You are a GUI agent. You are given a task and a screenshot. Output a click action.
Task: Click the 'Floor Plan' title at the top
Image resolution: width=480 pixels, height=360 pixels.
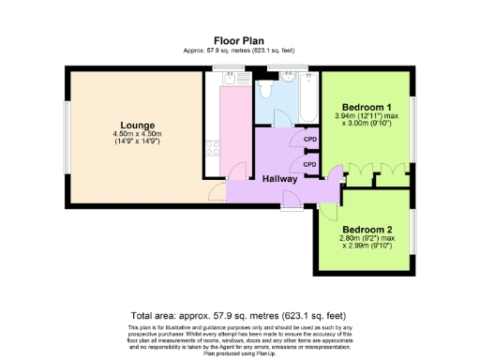click(240, 40)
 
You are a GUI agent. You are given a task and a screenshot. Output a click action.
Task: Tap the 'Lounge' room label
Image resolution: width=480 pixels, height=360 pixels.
click(137, 126)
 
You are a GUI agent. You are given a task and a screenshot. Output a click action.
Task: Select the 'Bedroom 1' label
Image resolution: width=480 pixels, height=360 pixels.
click(367, 106)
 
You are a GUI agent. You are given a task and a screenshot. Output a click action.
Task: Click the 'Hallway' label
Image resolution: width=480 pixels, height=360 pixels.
click(279, 179)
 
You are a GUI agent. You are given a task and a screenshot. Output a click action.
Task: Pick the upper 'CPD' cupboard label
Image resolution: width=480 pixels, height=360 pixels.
click(309, 142)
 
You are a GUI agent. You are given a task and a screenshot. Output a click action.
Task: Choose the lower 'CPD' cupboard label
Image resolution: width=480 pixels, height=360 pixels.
click(309, 164)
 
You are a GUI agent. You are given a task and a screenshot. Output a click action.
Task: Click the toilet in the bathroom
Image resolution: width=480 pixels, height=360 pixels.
click(266, 89)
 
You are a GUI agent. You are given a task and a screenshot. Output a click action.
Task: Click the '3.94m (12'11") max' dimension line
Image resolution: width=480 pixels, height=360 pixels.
click(367, 115)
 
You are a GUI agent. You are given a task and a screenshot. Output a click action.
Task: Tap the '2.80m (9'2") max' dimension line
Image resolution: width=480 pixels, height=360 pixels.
click(367, 239)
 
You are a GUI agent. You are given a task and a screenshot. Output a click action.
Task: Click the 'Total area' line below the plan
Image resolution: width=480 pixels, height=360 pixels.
click(240, 316)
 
